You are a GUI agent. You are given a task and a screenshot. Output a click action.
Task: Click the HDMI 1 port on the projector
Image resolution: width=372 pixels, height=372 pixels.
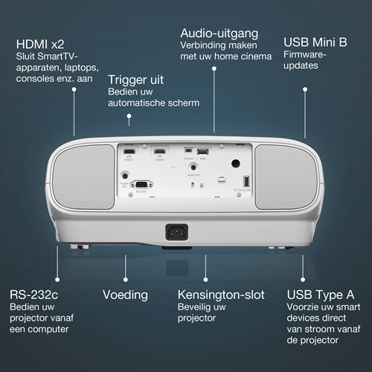129,151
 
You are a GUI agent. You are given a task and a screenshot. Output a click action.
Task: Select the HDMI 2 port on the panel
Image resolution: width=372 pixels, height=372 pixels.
158,151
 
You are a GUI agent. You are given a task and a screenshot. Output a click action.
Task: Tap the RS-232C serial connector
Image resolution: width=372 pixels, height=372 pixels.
138,186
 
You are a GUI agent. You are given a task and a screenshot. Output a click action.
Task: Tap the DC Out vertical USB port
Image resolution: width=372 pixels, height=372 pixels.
246,180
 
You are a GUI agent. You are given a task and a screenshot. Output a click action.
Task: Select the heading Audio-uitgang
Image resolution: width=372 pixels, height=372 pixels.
219,34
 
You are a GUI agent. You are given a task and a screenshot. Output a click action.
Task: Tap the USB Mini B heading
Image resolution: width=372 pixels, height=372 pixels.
315,42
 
